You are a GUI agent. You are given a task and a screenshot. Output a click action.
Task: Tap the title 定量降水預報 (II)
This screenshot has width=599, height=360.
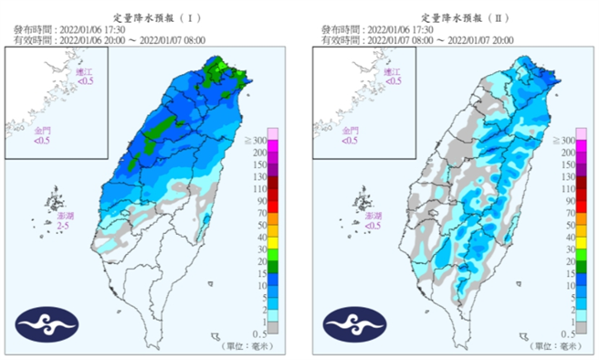click(x=458, y=17)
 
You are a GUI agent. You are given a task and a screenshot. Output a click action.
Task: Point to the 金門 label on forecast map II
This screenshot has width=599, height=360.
click(x=352, y=131)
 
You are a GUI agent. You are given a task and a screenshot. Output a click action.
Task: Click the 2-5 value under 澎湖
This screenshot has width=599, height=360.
click(x=64, y=225)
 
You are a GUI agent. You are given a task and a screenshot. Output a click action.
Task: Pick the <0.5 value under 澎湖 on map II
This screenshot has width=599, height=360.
click(x=371, y=225)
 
